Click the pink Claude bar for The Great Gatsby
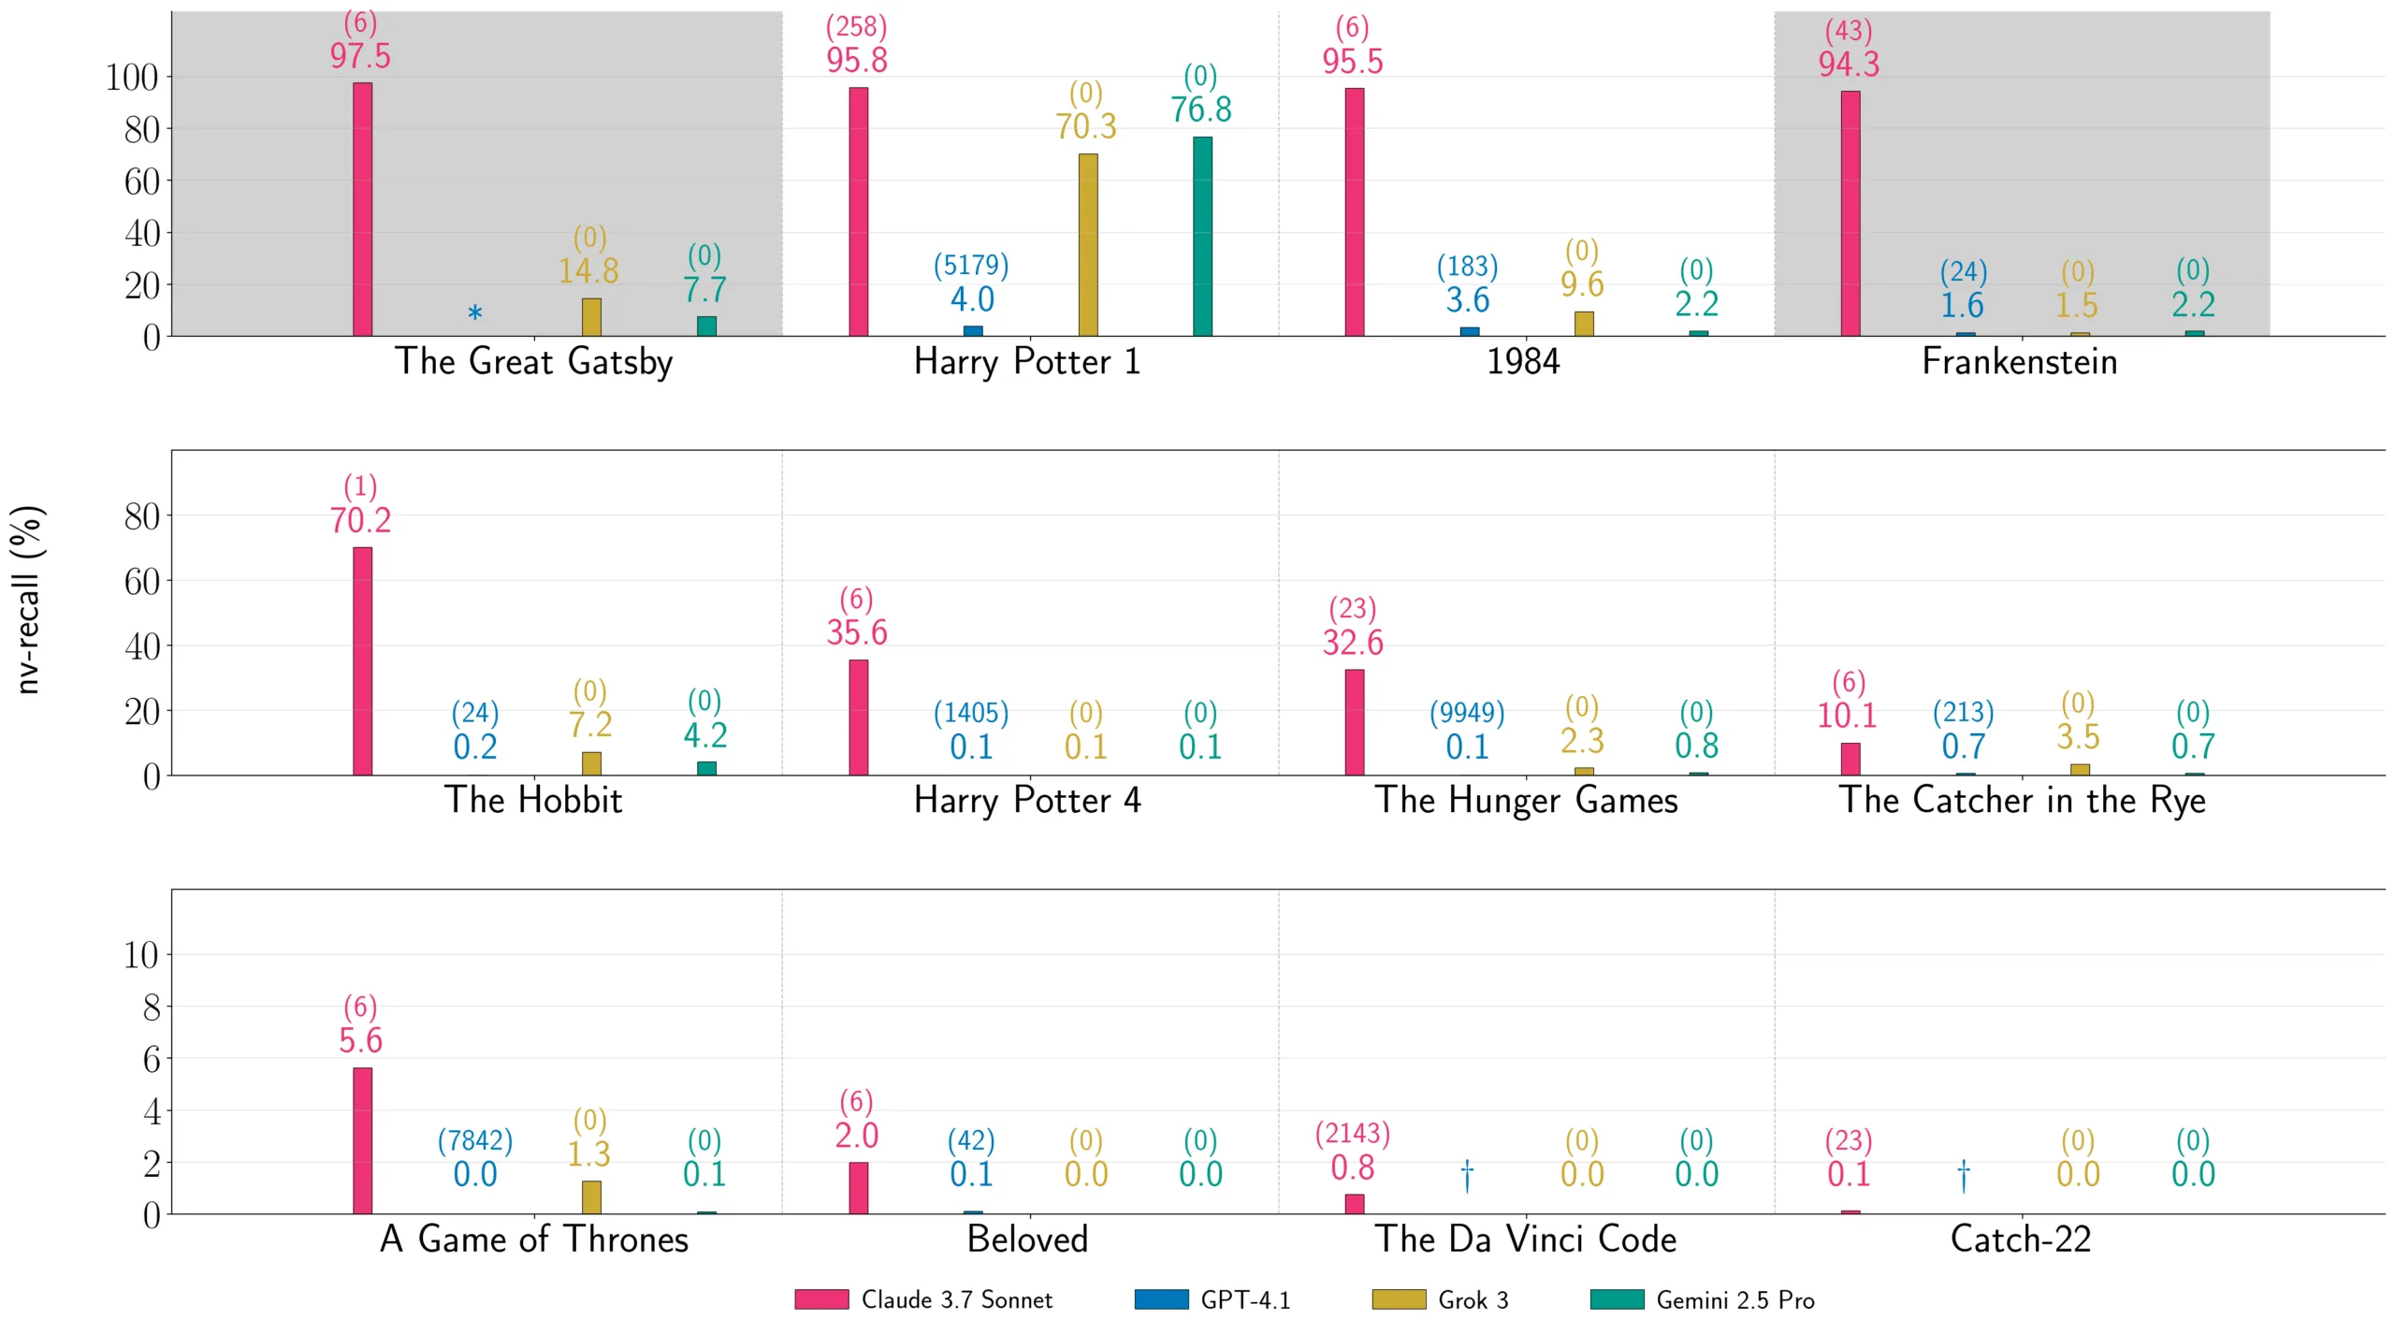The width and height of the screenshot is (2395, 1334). coord(362,210)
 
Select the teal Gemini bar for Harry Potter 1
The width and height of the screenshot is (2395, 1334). coord(1202,237)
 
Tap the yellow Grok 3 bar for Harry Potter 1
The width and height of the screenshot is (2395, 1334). coord(1087,245)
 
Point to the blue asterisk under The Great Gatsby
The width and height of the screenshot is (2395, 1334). coord(475,313)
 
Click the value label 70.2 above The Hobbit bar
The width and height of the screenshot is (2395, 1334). coord(360,520)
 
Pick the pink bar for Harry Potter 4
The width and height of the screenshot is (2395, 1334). coord(858,718)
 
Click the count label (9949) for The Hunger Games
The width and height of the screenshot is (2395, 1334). coord(1467,713)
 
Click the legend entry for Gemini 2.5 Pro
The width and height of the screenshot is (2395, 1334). coord(1702,1300)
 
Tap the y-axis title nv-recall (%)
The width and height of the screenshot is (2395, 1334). coord(28,600)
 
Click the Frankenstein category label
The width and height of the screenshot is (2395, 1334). coord(2019,362)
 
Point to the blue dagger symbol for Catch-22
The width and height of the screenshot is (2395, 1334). coord(1963,1175)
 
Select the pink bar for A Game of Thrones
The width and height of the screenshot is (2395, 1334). coord(362,1141)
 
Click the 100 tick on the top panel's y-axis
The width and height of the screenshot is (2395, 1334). coord(132,78)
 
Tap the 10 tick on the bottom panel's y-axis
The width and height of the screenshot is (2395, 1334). coord(141,955)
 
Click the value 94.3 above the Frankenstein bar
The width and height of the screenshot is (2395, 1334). coord(1848,65)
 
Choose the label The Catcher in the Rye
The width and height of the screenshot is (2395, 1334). coord(2022,801)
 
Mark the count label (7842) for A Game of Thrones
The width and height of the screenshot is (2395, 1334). coord(475,1140)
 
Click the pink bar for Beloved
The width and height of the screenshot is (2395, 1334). coord(858,1188)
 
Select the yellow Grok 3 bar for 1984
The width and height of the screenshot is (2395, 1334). coord(1583,324)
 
